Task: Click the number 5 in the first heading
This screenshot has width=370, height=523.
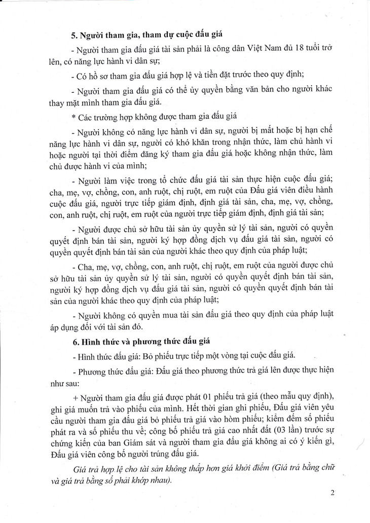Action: click(x=73, y=35)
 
